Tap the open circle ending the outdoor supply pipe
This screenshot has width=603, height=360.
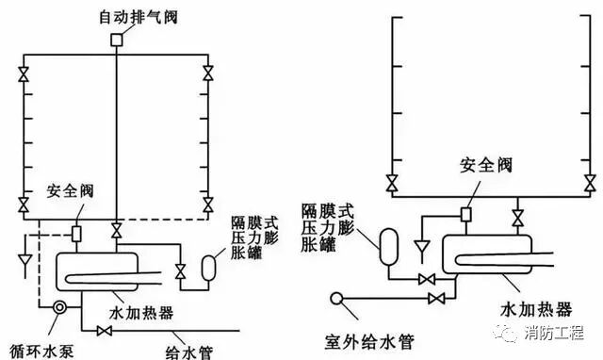(335, 301)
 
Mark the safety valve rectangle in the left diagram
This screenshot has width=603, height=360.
(77, 232)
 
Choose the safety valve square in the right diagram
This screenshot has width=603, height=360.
(464, 214)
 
